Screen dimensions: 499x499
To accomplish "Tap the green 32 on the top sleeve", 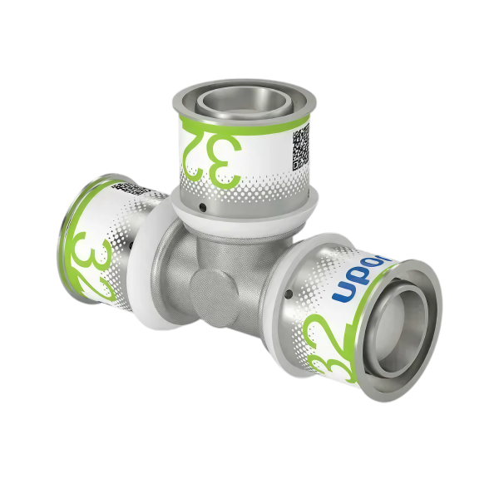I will click(x=215, y=154).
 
